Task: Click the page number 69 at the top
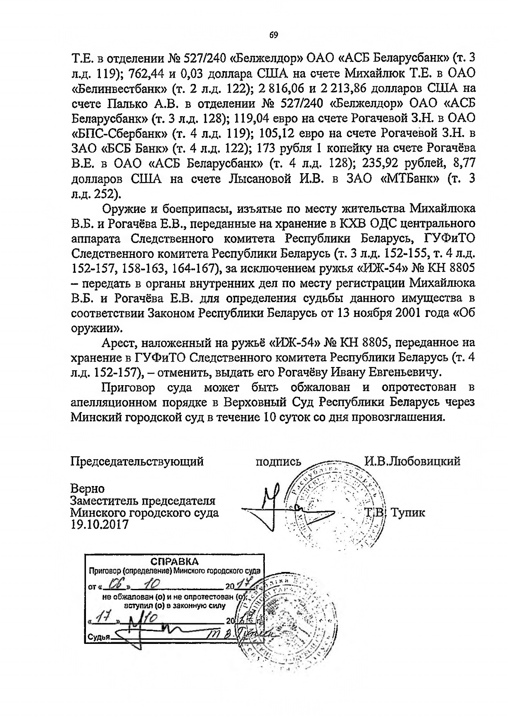tap(274, 35)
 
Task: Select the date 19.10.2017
tap(99, 524)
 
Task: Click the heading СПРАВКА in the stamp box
tap(174, 562)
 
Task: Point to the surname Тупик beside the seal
tap(407, 513)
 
